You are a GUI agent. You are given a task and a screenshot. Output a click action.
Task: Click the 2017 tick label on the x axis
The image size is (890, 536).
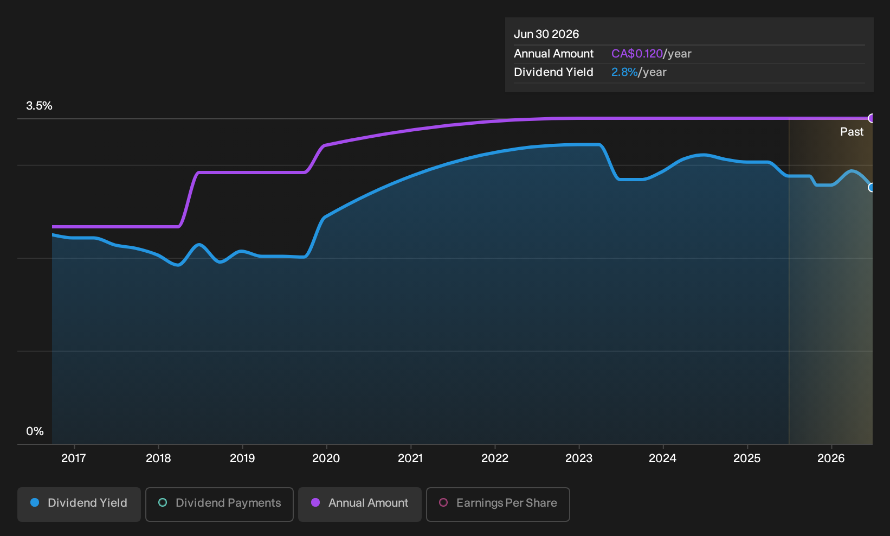coord(74,458)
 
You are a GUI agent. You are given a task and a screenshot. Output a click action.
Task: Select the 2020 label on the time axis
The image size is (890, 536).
coord(326,458)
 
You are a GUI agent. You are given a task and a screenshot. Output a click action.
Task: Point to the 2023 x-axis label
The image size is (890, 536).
coord(579,458)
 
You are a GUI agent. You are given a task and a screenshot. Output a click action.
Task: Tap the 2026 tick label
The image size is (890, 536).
coord(831,458)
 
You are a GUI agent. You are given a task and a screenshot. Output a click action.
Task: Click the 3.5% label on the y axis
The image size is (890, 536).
coord(39,106)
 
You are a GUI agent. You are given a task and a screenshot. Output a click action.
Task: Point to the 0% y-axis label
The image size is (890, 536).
coord(35,431)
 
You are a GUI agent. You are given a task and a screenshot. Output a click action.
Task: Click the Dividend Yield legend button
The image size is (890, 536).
coord(79,504)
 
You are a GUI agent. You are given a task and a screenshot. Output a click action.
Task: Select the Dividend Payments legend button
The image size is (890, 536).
coord(220,504)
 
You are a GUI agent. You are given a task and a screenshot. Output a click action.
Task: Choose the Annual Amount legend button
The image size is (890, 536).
coord(359,504)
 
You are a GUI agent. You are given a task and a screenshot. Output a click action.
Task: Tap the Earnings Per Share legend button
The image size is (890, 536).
coord(498,504)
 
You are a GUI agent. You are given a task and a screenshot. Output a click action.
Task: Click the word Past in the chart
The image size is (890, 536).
coord(852,132)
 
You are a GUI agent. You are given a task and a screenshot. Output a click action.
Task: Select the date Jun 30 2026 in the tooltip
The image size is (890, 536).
coord(546,34)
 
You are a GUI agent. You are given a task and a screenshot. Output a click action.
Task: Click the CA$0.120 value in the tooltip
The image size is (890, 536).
coord(637,54)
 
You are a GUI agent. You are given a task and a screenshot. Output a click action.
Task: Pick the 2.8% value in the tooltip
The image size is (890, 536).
coord(624,72)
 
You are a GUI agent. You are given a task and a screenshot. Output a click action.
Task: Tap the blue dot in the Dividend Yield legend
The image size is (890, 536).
coord(35,502)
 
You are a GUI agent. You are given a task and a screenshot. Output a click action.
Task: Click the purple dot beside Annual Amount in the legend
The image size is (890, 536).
coord(315,502)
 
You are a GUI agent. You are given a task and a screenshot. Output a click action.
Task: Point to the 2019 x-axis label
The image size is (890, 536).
coord(242,458)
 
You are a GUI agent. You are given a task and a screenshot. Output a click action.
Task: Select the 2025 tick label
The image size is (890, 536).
coord(747,458)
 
